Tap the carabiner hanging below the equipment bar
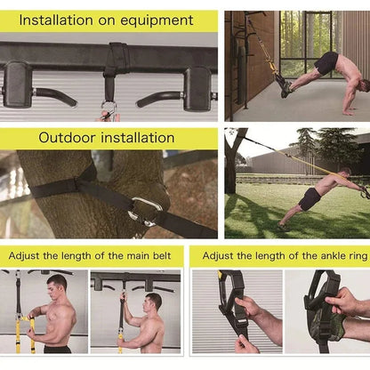click(x=109, y=110)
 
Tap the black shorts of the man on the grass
click(x=309, y=199)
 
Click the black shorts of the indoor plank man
click(x=327, y=63)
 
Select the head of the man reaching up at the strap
click(x=154, y=302)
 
